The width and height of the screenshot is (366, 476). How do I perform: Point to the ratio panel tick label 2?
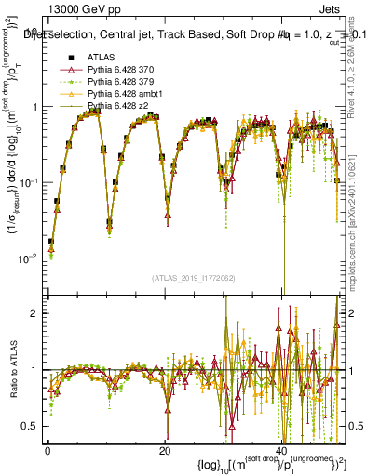coord(34,313)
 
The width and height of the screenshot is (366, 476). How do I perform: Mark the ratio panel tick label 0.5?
coord(30,426)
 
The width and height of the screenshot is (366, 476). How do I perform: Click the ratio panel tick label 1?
coord(34,370)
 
